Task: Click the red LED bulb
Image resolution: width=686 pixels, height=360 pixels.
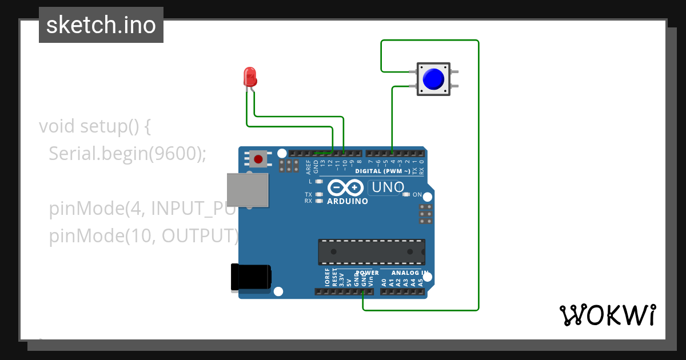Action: (250, 77)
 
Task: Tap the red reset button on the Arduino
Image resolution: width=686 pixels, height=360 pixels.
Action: (258, 159)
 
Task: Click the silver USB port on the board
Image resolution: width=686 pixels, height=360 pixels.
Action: (248, 190)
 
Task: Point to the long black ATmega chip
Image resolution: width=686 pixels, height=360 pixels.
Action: (372, 251)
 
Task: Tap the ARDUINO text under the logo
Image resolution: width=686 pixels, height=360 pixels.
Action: (348, 201)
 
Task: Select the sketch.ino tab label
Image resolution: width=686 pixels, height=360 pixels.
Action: (101, 25)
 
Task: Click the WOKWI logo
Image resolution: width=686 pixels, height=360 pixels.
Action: (607, 315)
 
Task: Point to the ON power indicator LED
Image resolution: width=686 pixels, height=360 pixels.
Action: (406, 194)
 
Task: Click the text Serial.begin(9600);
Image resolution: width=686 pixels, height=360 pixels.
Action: (127, 153)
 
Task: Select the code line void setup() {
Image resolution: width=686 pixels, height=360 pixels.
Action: (94, 126)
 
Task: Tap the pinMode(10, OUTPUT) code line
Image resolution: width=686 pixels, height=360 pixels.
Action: (143, 235)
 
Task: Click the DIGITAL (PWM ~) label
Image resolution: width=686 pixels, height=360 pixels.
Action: (382, 171)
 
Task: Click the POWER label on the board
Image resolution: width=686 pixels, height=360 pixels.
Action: (367, 273)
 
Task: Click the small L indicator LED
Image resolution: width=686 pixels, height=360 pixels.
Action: (320, 181)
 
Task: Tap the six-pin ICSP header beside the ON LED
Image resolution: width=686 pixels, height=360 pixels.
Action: (425, 213)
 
